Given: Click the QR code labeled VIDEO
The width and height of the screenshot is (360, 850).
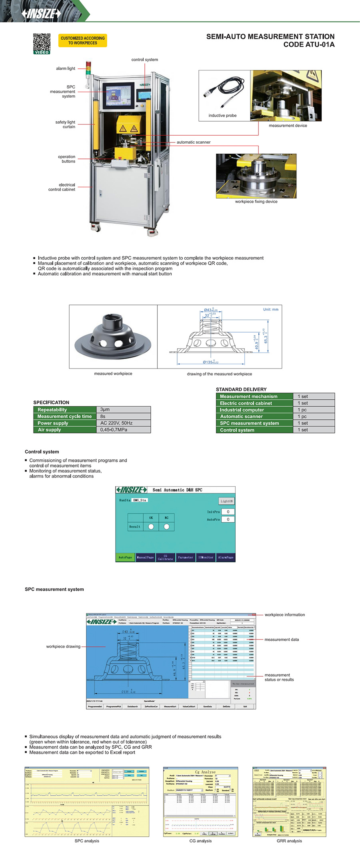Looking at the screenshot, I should (42, 43).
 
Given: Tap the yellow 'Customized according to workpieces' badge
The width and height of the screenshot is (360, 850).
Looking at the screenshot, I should (83, 40).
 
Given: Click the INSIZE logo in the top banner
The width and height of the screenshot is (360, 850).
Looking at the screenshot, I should (41, 14).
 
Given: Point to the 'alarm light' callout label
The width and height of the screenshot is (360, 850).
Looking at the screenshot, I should (66, 68).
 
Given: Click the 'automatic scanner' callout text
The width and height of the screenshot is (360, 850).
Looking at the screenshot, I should (194, 142).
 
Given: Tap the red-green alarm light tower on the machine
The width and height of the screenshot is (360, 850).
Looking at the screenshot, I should (88, 68).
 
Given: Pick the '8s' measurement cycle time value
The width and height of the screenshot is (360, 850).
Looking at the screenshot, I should (103, 416).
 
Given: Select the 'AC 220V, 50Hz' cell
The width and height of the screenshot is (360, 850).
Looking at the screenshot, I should (116, 423).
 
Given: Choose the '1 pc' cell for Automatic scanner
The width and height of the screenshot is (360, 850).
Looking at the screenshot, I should (302, 417).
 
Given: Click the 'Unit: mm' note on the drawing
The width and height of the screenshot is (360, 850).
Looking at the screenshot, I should (270, 309).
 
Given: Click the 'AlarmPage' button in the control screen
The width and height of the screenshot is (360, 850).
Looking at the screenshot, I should (226, 557).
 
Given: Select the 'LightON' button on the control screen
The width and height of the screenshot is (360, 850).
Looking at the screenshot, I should (226, 501).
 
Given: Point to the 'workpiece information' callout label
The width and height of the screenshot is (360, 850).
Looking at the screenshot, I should (284, 615).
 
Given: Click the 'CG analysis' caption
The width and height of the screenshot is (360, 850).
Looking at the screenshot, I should (200, 841).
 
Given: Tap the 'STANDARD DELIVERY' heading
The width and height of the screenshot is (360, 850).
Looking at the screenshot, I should (241, 389).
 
